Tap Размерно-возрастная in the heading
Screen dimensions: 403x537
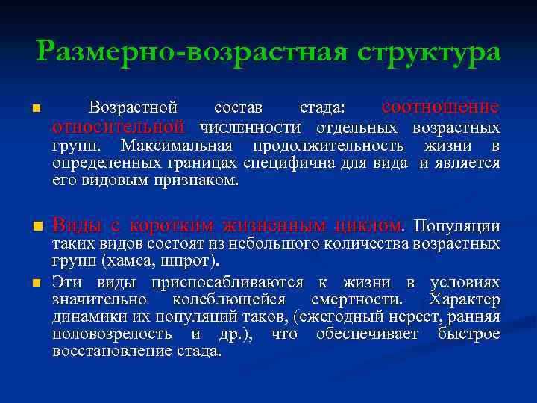click(189, 52)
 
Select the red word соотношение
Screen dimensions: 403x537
click(440, 107)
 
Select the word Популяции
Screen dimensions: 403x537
click(456, 225)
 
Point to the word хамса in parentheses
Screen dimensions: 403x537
click(130, 261)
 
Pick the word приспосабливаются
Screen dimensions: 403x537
click(227, 282)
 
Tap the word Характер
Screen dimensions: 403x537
click(464, 300)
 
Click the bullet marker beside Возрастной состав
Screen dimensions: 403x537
click(35, 110)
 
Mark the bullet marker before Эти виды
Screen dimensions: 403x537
click(35, 283)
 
